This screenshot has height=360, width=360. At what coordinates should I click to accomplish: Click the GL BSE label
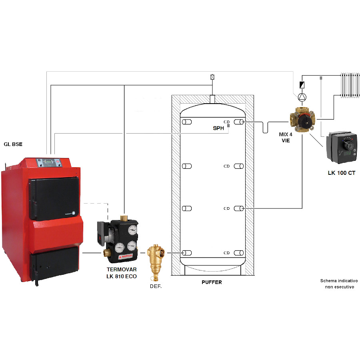(14, 143)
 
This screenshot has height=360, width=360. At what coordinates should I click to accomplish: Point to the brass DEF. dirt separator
(154, 258)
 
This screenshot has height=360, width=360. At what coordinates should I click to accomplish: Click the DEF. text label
(155, 286)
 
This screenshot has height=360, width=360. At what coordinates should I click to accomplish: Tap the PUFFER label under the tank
(212, 282)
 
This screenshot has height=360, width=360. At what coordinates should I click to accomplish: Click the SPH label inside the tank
(218, 129)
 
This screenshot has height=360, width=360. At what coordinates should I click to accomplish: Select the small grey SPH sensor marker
(228, 126)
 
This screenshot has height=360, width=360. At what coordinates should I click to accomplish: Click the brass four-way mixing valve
(302, 119)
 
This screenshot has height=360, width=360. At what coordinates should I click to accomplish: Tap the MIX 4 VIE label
(286, 137)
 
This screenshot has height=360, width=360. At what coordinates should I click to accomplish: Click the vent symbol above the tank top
(212, 77)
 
